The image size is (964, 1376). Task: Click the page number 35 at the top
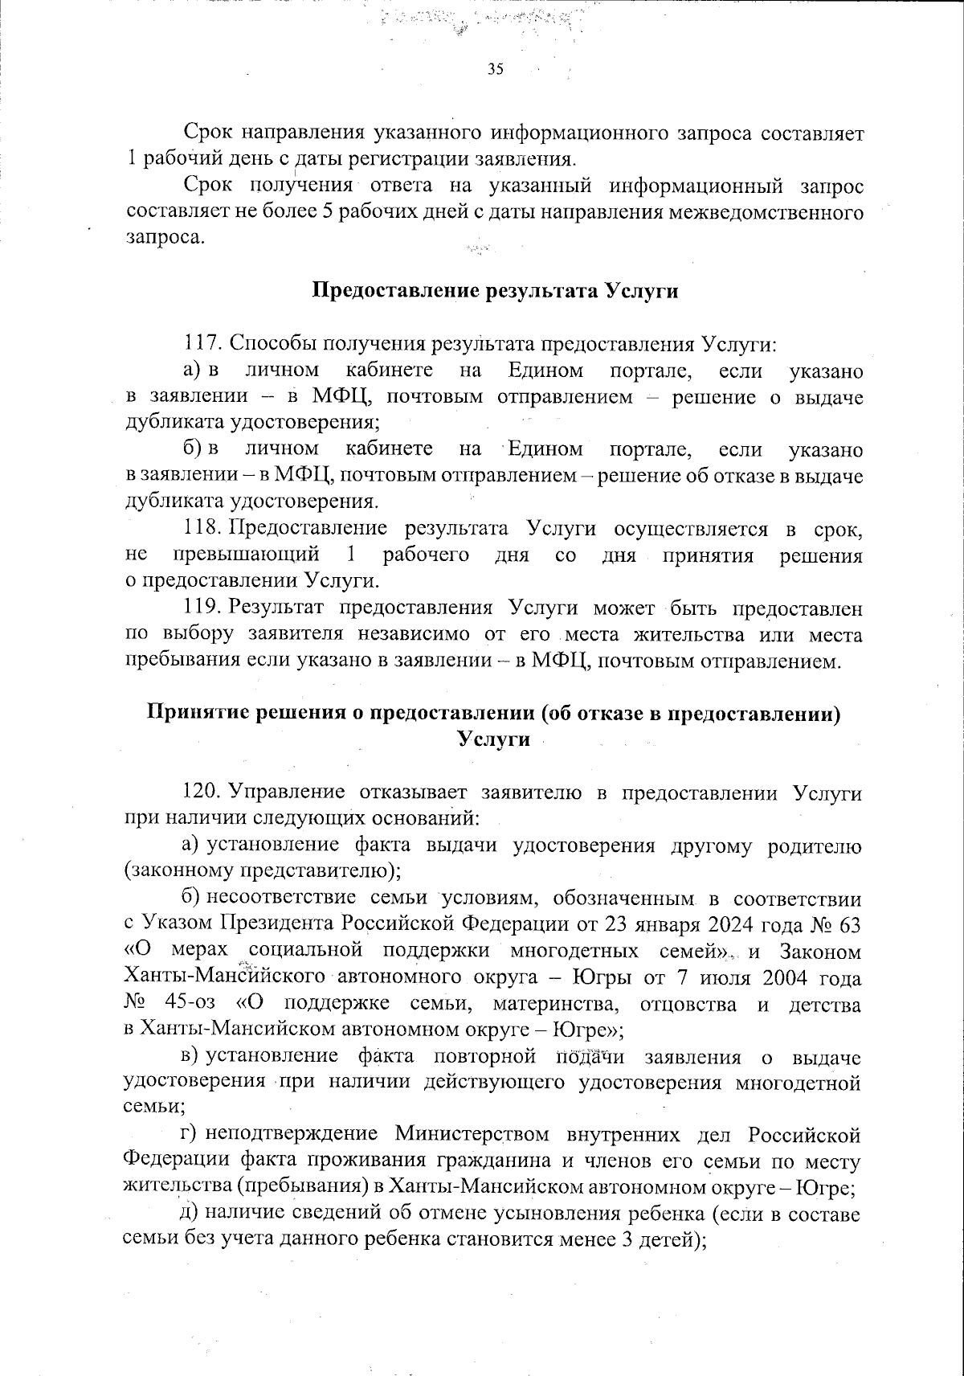click(x=495, y=70)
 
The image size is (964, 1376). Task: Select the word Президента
click(x=280, y=925)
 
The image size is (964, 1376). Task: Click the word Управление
click(x=287, y=792)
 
